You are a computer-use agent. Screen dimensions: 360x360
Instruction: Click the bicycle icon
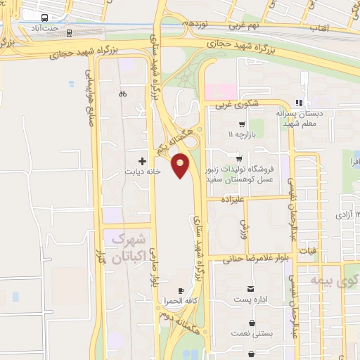point(123,94)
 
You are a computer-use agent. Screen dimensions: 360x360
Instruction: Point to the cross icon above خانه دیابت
point(143,161)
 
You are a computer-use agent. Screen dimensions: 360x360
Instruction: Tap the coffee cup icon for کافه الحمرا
point(181,290)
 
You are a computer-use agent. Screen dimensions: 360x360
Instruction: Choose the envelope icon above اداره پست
point(251,289)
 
